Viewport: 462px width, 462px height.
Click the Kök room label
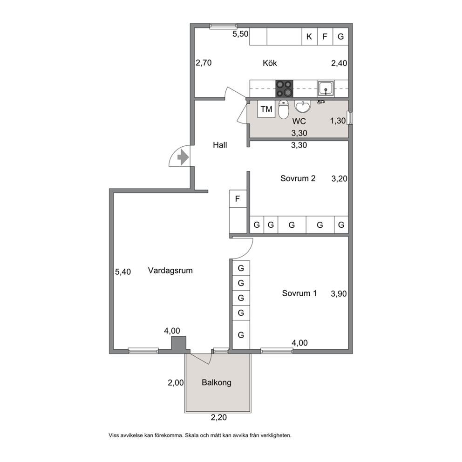click(x=270, y=63)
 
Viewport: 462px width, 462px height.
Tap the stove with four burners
click(x=285, y=88)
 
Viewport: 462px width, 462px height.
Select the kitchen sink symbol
click(x=326, y=88)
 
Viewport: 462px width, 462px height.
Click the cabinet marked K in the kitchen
click(x=309, y=36)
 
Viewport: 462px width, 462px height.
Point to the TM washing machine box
click(x=266, y=109)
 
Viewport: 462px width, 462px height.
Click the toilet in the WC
click(x=284, y=109)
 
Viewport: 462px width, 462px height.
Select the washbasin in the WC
click(x=303, y=107)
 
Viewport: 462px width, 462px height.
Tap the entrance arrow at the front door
click(x=183, y=157)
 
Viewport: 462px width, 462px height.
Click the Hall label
click(x=220, y=145)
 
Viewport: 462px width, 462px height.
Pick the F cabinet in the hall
click(x=238, y=199)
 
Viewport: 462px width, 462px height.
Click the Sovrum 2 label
click(x=298, y=178)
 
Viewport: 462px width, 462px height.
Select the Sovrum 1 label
click(x=299, y=293)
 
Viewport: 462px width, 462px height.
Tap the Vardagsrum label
click(x=170, y=271)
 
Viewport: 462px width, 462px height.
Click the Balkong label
click(x=217, y=382)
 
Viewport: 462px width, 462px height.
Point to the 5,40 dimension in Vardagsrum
click(x=123, y=272)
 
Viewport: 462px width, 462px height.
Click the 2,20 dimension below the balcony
click(x=218, y=417)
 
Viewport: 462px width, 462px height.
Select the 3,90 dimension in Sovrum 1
click(x=339, y=293)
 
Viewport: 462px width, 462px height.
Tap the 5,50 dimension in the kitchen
click(x=240, y=34)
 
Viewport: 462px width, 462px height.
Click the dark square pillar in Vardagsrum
click(x=179, y=343)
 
